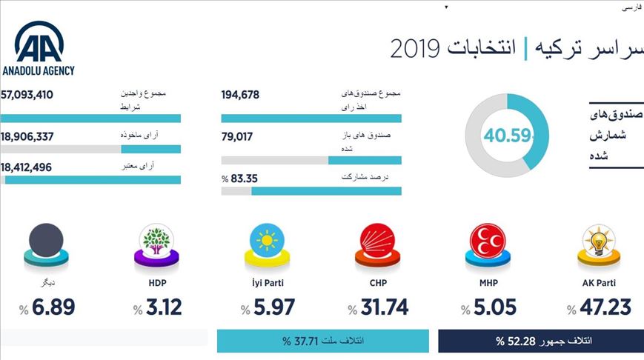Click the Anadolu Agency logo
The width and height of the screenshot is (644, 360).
point(39,48)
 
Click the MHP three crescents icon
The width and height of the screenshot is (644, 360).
point(490,243)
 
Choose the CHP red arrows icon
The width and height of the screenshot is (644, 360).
point(379,243)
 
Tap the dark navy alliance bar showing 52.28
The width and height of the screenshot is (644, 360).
point(541,341)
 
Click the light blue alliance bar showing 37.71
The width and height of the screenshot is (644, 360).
point(322,341)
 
